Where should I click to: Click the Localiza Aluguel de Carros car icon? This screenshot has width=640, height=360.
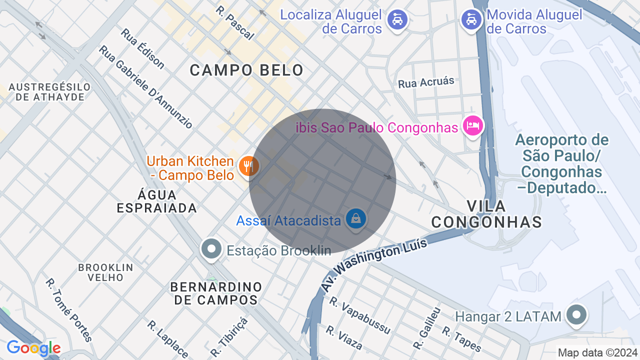click(x=397, y=19)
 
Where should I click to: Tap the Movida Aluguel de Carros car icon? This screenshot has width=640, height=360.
click(x=471, y=19)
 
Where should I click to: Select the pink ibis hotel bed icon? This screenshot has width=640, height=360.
click(x=472, y=125)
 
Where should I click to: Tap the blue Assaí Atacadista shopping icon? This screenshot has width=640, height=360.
click(x=355, y=218)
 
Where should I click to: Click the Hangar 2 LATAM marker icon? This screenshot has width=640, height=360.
click(x=576, y=315)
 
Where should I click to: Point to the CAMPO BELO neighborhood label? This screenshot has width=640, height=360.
click(x=246, y=70)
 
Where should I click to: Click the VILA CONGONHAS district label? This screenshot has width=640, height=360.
click(x=486, y=214)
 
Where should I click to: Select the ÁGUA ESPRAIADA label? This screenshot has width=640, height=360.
click(x=157, y=201)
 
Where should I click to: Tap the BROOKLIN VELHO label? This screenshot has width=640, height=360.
click(x=105, y=272)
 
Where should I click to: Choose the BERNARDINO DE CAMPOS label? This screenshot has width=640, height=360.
click(x=216, y=293)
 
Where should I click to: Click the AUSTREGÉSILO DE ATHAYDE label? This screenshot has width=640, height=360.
click(x=50, y=92)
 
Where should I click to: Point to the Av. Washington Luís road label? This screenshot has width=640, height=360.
click(x=374, y=264)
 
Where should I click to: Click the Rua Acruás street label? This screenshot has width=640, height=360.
click(x=426, y=82)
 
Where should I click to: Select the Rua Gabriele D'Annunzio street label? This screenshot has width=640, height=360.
click(x=145, y=86)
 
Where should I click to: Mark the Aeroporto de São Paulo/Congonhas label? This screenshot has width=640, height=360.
click(x=561, y=163)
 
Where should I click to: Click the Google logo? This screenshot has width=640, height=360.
click(x=33, y=348)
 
